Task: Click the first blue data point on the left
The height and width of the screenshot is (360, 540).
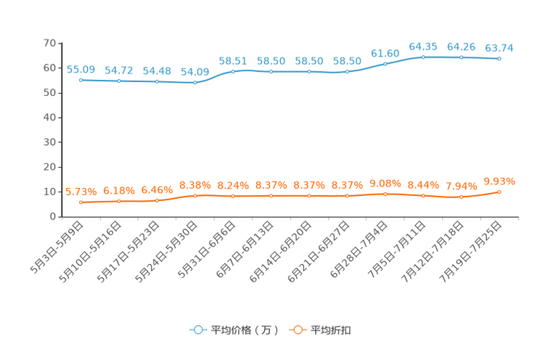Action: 81,79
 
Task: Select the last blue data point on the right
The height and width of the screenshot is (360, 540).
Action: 499,59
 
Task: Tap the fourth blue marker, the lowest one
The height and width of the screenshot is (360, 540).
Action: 195,82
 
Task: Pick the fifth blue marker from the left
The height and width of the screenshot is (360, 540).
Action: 233,71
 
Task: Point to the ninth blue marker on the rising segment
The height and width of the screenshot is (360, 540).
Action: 385,64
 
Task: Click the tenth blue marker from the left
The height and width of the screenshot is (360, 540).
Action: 423,57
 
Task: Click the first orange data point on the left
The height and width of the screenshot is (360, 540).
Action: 81,202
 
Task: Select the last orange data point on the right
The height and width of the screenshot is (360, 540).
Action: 499,192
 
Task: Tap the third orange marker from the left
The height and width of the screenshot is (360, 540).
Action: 157,200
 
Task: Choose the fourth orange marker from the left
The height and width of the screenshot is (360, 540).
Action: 195,195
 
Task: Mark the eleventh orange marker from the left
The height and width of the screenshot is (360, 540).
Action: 462,197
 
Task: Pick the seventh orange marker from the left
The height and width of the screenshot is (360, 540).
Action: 309,196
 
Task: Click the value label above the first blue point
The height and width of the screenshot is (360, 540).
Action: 81,69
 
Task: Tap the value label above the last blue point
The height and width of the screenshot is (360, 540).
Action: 499,48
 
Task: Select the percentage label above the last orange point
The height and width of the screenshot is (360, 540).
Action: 499,181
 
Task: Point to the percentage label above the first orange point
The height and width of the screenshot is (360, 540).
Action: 81,192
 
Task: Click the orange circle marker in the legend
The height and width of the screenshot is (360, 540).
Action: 297,330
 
